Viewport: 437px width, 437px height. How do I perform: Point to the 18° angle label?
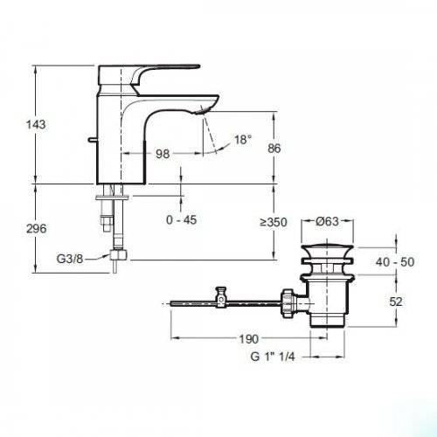(x=243, y=139)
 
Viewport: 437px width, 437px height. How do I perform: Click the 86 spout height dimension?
(x=274, y=149)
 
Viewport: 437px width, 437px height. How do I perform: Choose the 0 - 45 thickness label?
(x=182, y=220)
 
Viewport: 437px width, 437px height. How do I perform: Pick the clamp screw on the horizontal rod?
(x=222, y=296)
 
